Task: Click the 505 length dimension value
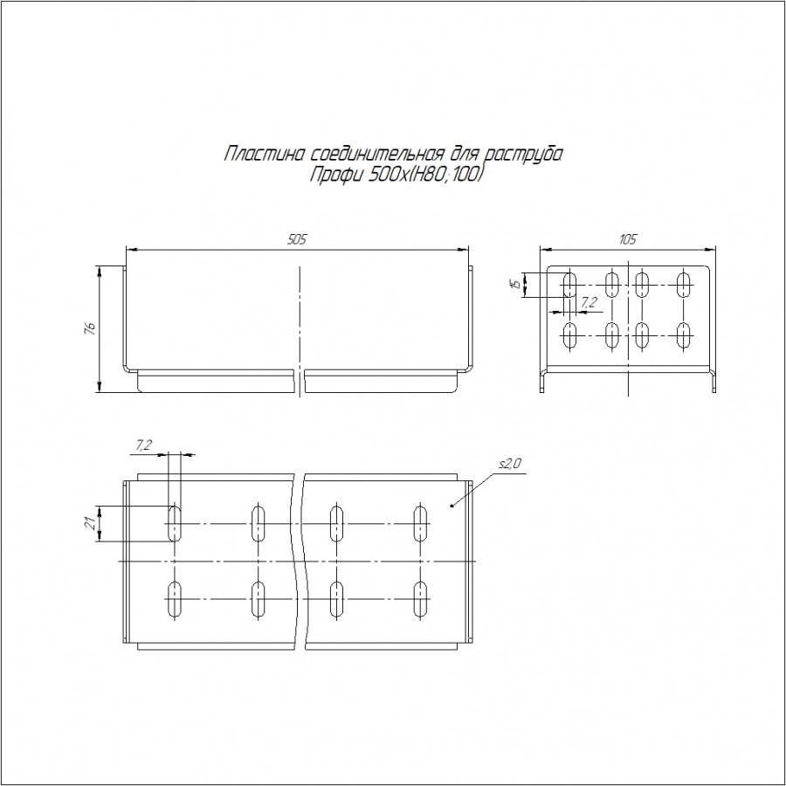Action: coord(296,239)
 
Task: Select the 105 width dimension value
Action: coord(628,239)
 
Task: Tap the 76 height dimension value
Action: coord(90,329)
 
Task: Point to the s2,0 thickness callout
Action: coord(510,464)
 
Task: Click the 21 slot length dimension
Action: coord(91,523)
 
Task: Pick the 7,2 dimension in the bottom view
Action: coord(143,445)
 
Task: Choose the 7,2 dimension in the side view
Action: coord(589,302)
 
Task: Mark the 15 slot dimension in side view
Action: coord(514,285)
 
